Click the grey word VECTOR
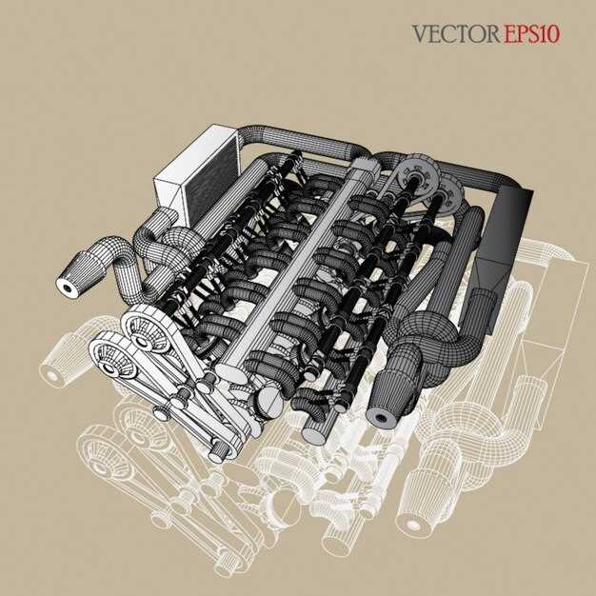tap(455, 34)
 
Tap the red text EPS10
tap(532, 34)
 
